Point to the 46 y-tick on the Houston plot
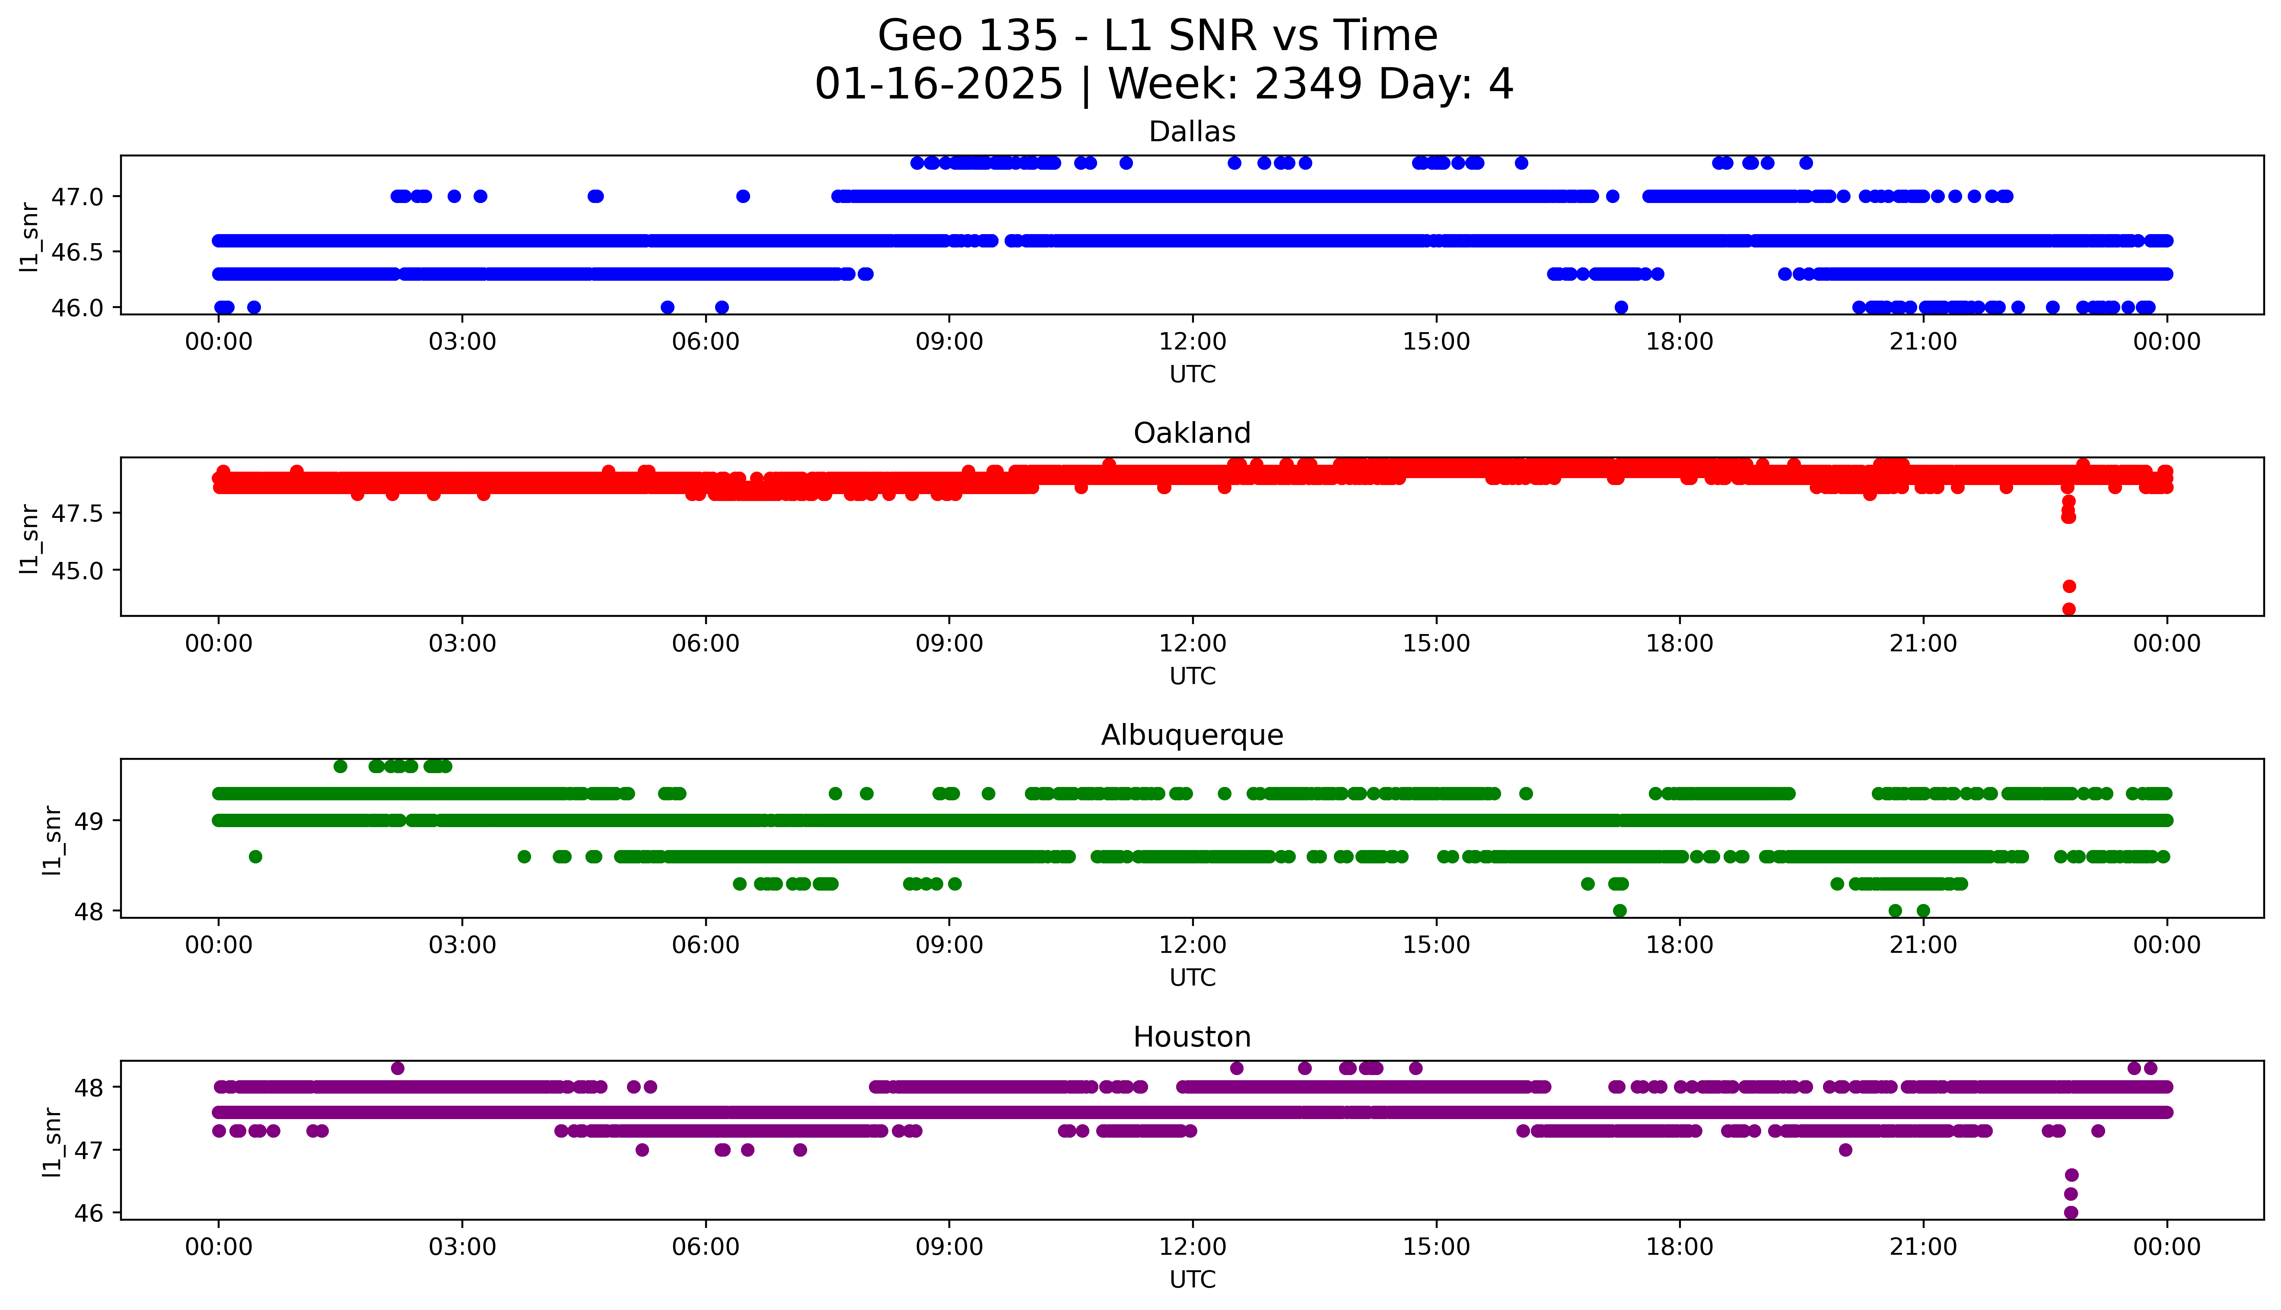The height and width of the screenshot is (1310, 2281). [92, 1213]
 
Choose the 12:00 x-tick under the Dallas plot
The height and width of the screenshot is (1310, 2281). [1192, 342]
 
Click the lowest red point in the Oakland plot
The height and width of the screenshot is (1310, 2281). [2069, 609]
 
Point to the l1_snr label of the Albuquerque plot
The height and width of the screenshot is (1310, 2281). [53, 841]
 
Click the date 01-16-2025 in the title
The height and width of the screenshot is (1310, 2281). [938, 85]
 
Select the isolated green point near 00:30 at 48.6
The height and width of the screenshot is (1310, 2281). [255, 856]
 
